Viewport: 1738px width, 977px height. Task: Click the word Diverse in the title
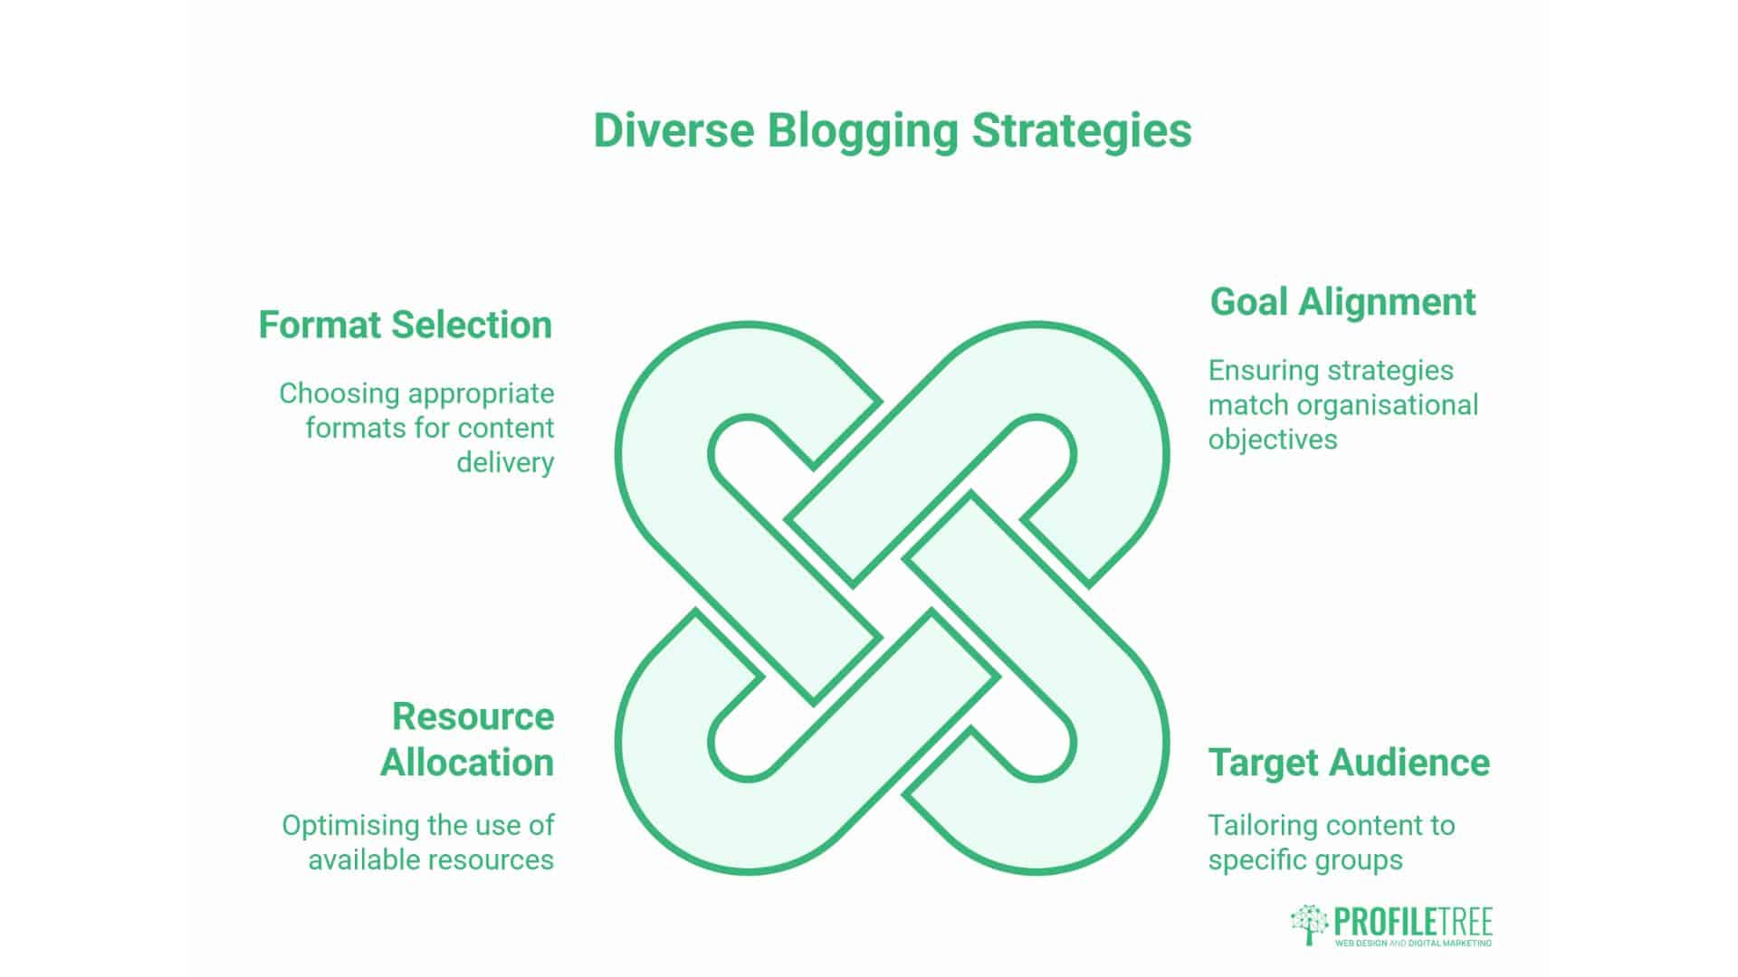[673, 130]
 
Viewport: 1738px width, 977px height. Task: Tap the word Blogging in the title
[863, 132]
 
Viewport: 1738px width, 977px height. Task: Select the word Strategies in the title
[1082, 132]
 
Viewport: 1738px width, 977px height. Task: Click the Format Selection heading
[405, 325]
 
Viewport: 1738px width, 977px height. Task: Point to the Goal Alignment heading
[1342, 302]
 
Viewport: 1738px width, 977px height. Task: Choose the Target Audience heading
[1349, 763]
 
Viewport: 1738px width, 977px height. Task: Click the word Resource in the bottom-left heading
[473, 716]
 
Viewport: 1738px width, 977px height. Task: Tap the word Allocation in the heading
[467, 763]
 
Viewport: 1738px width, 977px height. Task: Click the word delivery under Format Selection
[505, 462]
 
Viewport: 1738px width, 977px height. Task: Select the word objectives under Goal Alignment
[1273, 440]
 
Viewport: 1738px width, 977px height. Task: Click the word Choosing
[339, 394]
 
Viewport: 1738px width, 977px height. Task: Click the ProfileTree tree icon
[1309, 925]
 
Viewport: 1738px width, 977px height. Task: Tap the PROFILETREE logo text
[1413, 922]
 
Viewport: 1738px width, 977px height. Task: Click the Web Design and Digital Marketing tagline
[1413, 944]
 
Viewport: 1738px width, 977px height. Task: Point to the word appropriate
[482, 394]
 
